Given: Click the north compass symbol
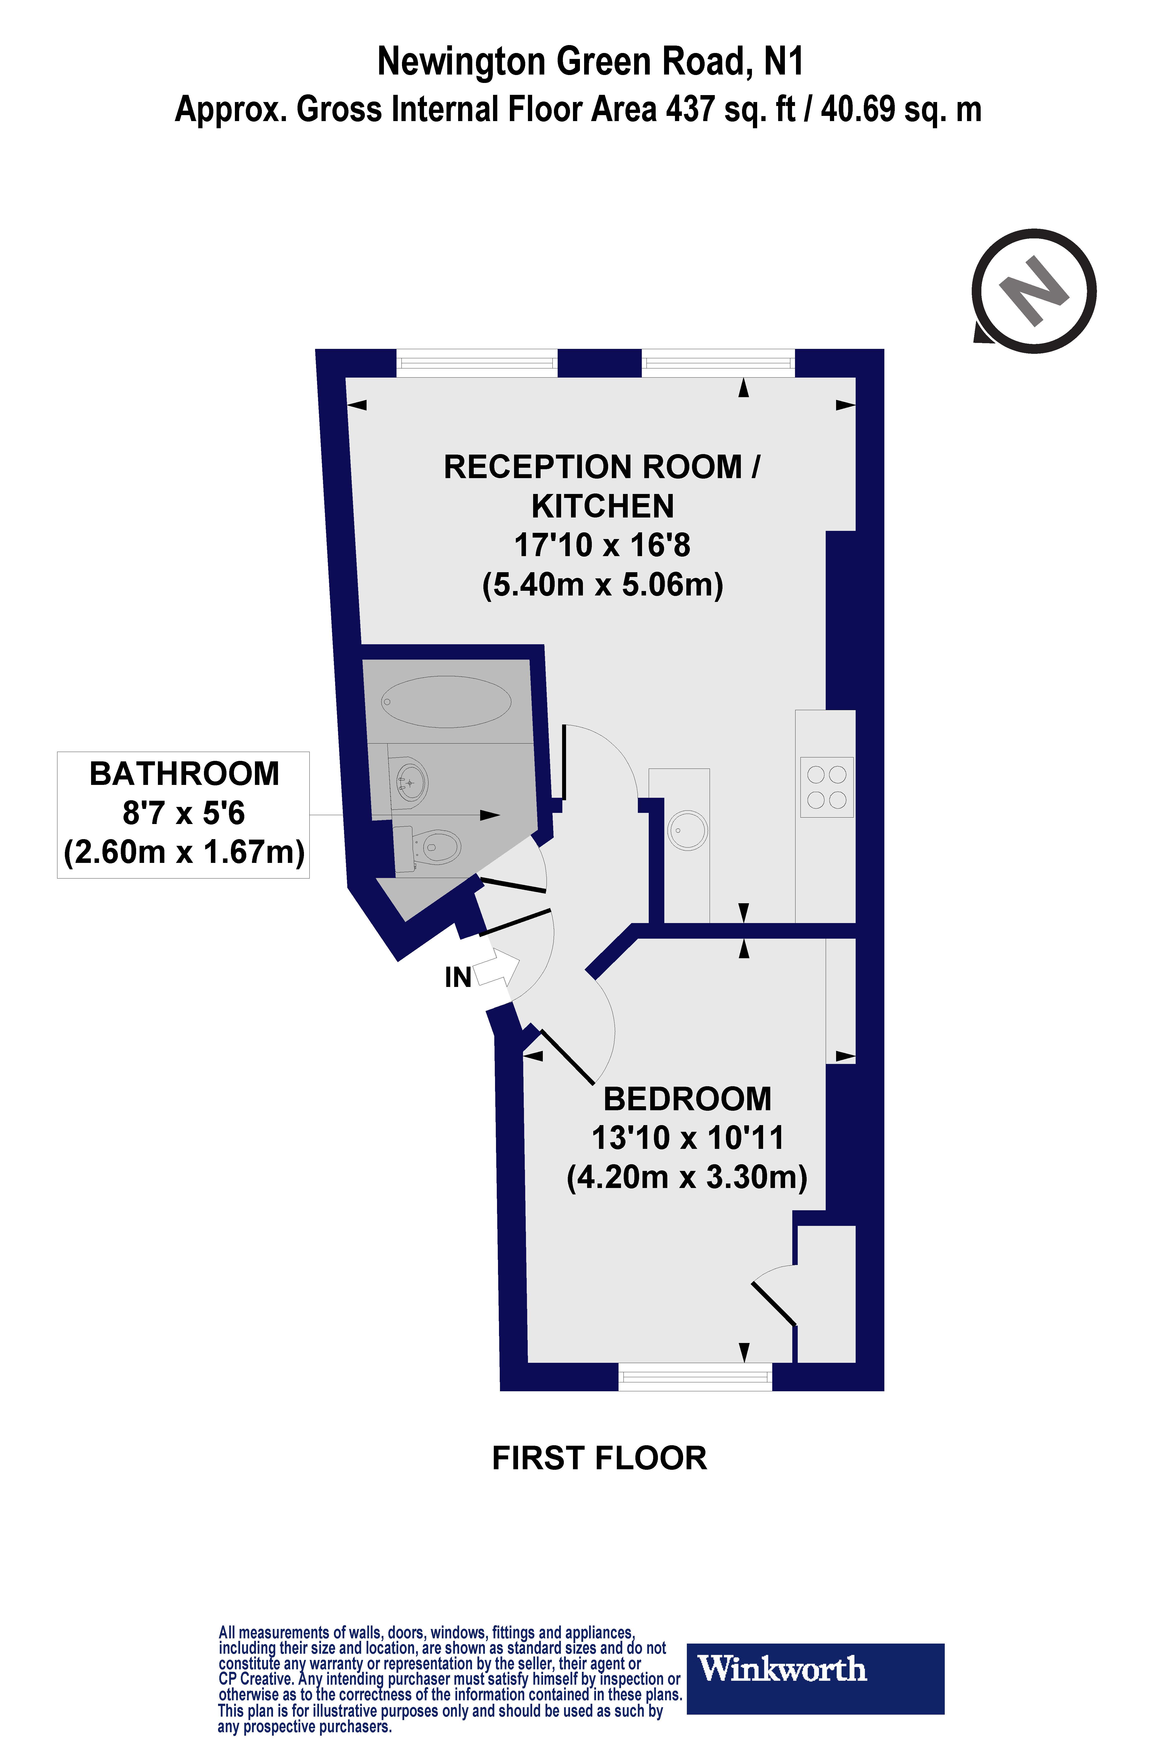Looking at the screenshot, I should point(1035,291).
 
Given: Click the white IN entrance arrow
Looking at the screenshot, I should point(496,969).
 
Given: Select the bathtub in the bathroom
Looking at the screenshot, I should point(446,701).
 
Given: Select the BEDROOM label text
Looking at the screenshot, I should point(687,1099).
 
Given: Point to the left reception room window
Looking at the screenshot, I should point(476,363).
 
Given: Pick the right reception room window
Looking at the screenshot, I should point(718,363).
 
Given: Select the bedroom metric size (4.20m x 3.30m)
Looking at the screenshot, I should point(687,1177).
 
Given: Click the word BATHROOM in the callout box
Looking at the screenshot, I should point(184,773).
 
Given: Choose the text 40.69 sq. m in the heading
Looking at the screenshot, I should point(901,110).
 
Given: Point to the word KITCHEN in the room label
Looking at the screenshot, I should point(602,506).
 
